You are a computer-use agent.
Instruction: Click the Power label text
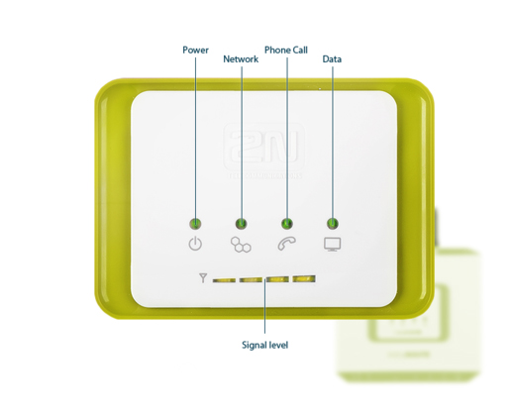pos(195,50)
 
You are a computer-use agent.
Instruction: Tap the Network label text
pos(241,59)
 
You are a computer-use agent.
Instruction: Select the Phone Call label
pos(286,50)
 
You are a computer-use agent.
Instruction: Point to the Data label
pos(332,59)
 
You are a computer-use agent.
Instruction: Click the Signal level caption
pos(264,345)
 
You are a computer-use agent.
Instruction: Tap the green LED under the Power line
pos(195,224)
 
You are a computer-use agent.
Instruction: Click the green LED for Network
pos(242,224)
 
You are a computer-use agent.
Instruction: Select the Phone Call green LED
pos(287,224)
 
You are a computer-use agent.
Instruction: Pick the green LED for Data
pos(333,224)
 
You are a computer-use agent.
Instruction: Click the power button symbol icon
pos(195,244)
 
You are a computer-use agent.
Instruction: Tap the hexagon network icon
pos(241,245)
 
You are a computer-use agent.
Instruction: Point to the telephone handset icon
pos(286,244)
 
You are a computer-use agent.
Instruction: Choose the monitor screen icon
pos(332,245)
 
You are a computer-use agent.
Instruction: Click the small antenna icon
pos(203,278)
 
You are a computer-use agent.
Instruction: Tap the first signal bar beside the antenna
pos(224,280)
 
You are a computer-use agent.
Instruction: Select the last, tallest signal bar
pos(304,279)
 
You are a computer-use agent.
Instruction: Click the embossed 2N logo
pos(264,147)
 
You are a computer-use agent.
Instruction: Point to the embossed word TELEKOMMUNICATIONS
pos(264,175)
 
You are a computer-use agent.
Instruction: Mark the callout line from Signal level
pos(264,305)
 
